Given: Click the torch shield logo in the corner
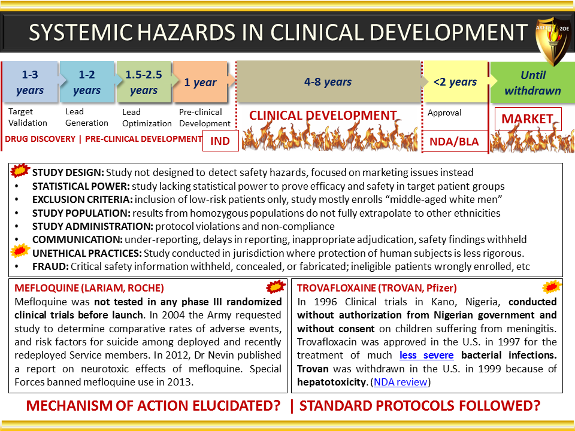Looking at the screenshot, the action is tap(553, 40).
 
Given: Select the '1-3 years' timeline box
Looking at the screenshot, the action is tap(30, 82).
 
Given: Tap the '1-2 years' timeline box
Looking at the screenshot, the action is tap(87, 82).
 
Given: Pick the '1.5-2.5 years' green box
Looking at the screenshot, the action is tap(144, 82).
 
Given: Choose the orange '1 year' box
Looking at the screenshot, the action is tap(200, 82).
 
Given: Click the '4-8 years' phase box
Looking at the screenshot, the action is tap(328, 81).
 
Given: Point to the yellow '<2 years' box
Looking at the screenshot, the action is tap(455, 82).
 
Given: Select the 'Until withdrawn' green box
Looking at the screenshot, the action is tap(532, 83).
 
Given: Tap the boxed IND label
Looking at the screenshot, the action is tap(220, 141).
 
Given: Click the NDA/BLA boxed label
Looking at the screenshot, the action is tap(455, 141).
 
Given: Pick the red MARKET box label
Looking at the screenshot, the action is tap(528, 119).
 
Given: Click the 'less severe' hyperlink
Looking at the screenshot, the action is tap(426, 355).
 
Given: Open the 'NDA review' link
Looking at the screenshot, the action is tap(401, 382).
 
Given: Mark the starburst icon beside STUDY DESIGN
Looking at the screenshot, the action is tap(20, 171).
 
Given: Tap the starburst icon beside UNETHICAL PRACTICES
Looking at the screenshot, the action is tap(20, 251).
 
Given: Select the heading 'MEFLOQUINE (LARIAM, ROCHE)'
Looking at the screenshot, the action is tap(89, 288).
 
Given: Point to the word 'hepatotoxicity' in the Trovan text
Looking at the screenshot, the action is tap(331, 383).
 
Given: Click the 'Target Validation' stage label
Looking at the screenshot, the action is tap(28, 117).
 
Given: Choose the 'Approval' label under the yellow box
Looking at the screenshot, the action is tap(444, 113).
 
